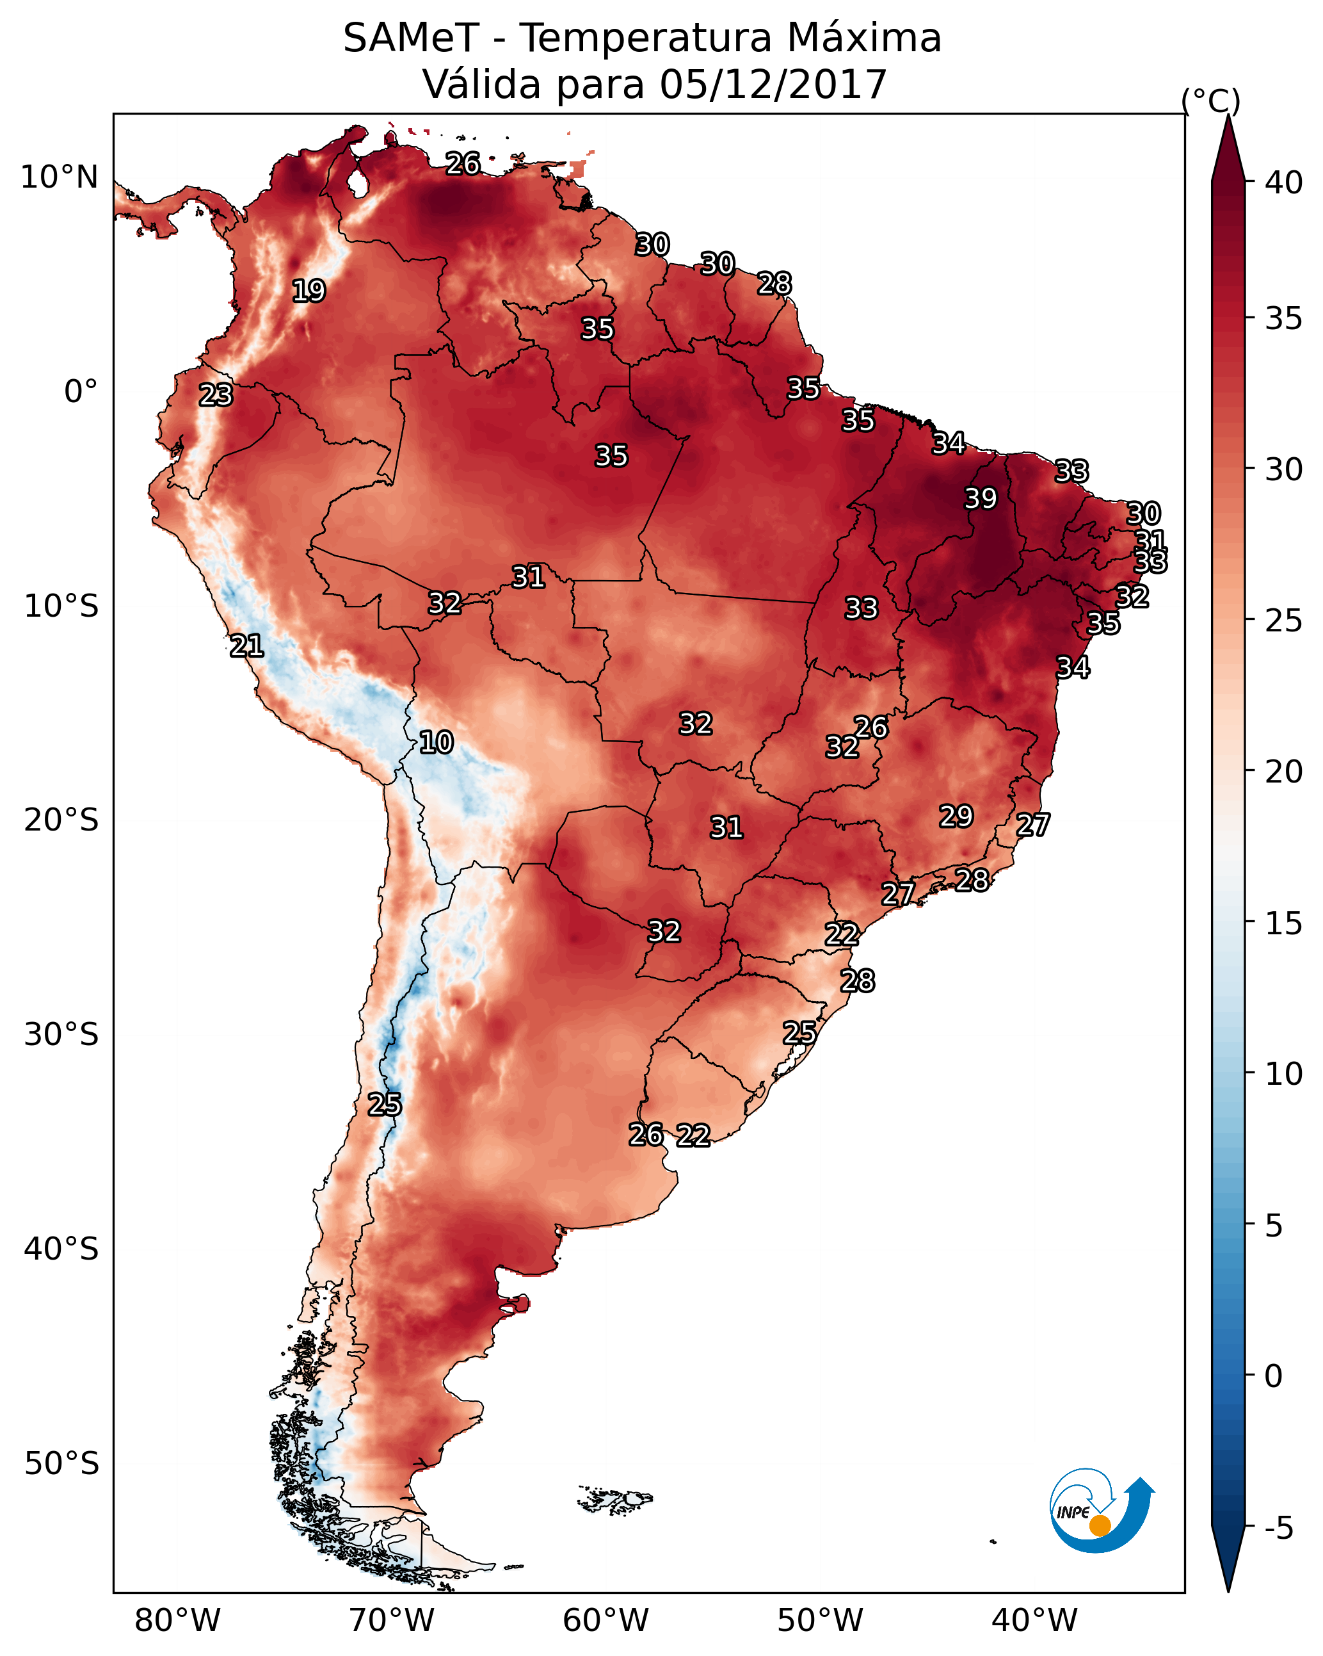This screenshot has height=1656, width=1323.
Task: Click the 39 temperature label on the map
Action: (x=981, y=498)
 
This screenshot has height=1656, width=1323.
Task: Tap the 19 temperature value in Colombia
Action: (x=309, y=291)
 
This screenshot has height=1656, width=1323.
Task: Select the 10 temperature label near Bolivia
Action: (x=436, y=742)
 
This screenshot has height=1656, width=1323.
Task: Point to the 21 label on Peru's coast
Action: (x=246, y=646)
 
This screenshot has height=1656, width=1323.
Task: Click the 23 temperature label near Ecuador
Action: (x=216, y=395)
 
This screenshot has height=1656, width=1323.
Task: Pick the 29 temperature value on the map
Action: (x=956, y=816)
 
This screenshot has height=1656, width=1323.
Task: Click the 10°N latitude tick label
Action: (x=59, y=177)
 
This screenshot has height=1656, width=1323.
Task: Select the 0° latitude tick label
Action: (x=81, y=392)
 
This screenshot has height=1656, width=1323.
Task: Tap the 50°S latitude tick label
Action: (x=61, y=1464)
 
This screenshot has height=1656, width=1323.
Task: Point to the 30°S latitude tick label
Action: (x=61, y=1035)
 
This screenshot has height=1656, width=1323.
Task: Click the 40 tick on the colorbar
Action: (x=1284, y=183)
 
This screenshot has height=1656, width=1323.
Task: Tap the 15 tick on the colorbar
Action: (x=1284, y=923)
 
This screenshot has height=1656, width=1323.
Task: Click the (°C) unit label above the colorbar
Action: (x=1211, y=101)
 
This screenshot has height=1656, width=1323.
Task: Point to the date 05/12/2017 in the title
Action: (x=773, y=85)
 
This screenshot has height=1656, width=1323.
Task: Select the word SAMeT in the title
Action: (x=411, y=38)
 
